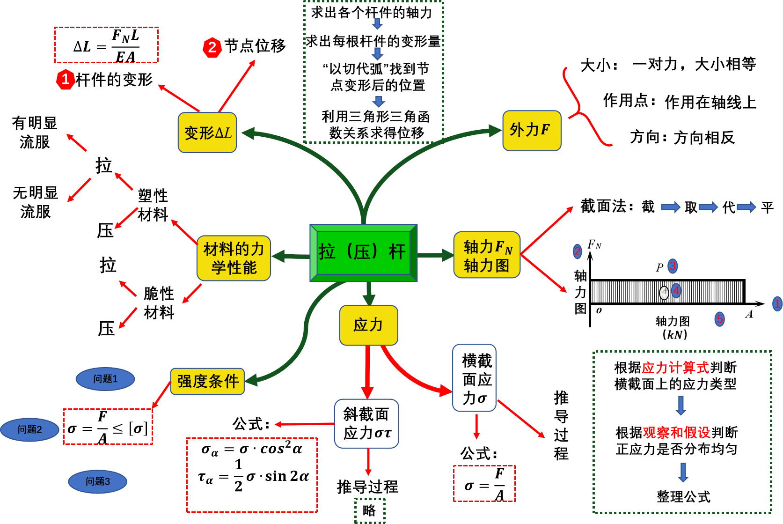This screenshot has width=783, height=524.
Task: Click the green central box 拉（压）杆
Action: click(x=363, y=253)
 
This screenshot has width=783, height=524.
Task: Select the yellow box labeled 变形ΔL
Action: click(x=207, y=133)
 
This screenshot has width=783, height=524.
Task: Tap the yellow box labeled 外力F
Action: click(x=531, y=131)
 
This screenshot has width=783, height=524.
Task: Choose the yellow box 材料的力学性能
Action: click(x=234, y=258)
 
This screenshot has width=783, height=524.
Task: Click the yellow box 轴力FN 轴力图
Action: click(x=487, y=255)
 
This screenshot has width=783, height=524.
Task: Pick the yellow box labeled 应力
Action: click(x=368, y=325)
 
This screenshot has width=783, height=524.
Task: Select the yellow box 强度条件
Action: click(x=207, y=382)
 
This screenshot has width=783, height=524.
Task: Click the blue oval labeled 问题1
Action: click(x=105, y=379)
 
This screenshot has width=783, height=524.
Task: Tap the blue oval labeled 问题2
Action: click(x=30, y=430)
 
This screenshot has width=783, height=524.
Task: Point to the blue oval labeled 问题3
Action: click(x=98, y=482)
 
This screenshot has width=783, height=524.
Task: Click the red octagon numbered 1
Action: click(x=66, y=80)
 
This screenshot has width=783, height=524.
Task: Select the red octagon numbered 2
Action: click(x=212, y=48)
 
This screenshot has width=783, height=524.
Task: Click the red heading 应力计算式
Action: click(x=675, y=368)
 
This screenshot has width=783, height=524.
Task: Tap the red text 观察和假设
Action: click(x=676, y=433)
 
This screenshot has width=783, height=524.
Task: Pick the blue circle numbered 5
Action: click(x=719, y=319)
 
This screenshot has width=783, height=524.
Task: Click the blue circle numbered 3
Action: click(x=673, y=266)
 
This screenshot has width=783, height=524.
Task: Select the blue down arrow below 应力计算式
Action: click(x=681, y=406)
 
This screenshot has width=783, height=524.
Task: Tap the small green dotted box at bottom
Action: click(x=370, y=510)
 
